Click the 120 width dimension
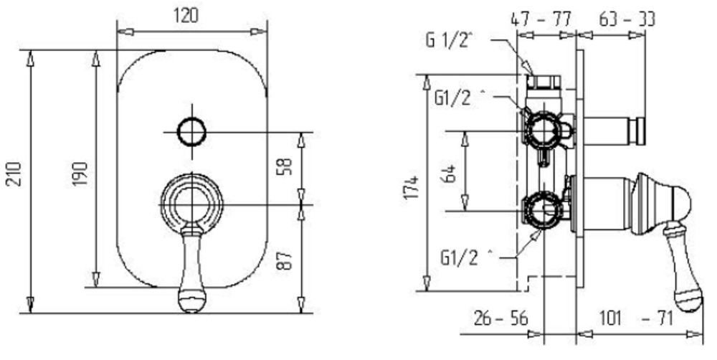click(186, 16)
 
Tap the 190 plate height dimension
click(80, 174)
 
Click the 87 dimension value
click(284, 260)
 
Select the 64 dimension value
click(450, 174)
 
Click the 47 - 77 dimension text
click(541, 19)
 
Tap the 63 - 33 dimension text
click(627, 19)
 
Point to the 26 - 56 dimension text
click(500, 318)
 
